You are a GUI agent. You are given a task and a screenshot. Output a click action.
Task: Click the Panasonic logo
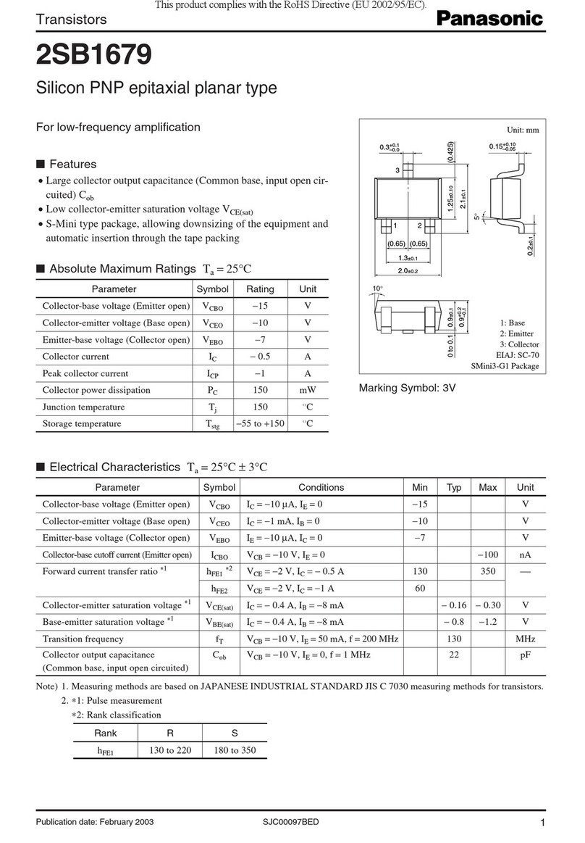(489, 20)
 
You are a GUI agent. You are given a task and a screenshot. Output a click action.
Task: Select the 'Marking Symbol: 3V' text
(407, 388)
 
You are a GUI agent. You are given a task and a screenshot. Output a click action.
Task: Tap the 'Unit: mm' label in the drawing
(523, 130)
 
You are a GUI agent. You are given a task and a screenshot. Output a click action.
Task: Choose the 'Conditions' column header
(321, 487)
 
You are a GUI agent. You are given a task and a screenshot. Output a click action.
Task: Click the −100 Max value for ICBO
(487, 555)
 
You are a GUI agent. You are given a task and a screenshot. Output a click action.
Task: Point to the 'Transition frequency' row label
(83, 639)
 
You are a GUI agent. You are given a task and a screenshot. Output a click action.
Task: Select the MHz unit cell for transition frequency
(525, 639)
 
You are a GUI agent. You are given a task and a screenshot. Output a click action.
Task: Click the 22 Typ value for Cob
(454, 654)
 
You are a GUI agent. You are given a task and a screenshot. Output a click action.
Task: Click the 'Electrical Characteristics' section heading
(114, 467)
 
